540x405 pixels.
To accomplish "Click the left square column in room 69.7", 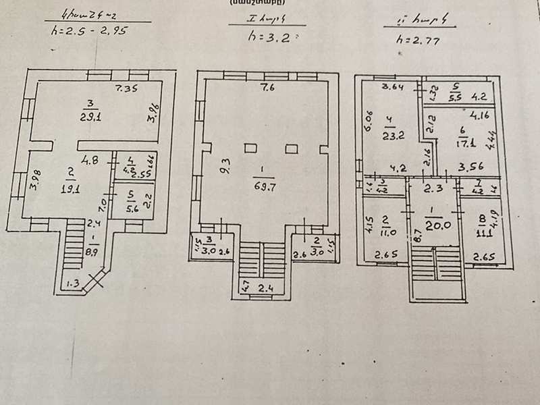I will pos(250,148).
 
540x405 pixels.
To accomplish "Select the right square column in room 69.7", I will pos(292,148).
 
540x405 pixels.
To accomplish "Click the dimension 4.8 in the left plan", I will pos(90,161).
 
